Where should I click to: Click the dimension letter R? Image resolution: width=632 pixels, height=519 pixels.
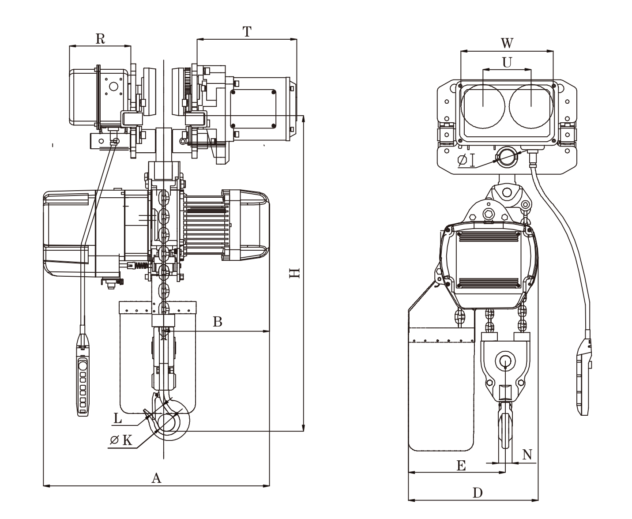[x=100, y=39]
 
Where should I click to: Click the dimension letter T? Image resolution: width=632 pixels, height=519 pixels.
[x=247, y=32]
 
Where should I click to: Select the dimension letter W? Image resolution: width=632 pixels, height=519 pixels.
[x=507, y=43]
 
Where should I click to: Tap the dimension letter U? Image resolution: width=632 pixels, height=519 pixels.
[x=507, y=63]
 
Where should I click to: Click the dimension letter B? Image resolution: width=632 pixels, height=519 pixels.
[x=217, y=322]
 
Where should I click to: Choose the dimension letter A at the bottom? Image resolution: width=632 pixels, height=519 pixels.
[x=156, y=478]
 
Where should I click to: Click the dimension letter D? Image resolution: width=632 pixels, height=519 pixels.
[x=478, y=493]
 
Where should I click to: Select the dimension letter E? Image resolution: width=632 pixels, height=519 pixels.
[x=461, y=466]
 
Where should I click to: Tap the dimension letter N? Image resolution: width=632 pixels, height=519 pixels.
[x=527, y=455]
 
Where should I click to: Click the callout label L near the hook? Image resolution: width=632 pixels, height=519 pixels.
[x=117, y=418]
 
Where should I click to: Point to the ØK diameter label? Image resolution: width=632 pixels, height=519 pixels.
[x=121, y=440]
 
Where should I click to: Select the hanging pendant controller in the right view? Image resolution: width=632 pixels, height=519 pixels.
[x=585, y=377]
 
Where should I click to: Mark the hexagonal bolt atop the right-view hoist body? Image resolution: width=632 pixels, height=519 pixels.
[x=488, y=215]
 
